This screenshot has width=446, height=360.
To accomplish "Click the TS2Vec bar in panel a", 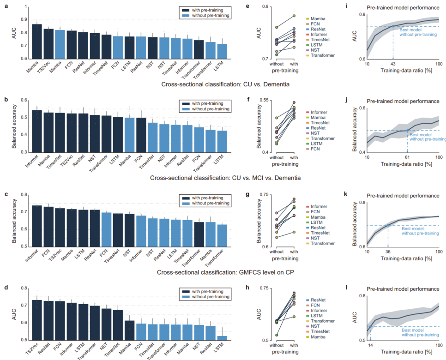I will tap(48, 44).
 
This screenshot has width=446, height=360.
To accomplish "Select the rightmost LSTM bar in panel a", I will tap(223, 51).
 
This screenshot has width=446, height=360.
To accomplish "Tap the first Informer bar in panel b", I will tap(37, 131).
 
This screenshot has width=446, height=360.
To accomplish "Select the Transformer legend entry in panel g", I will tap(322, 243).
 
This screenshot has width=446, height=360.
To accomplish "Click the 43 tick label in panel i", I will tap(393, 63).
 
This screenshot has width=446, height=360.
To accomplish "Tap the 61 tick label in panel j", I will tap(407, 157).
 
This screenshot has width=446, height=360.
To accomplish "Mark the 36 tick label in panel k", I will tap(388, 252).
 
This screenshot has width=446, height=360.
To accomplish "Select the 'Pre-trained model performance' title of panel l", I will tap(398, 288).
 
